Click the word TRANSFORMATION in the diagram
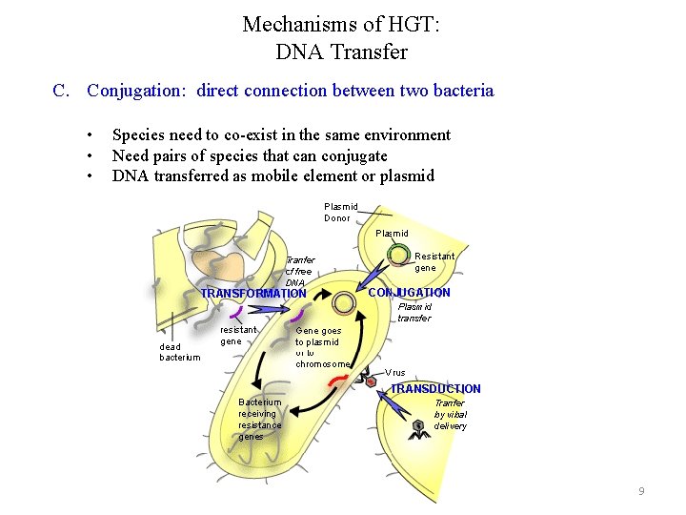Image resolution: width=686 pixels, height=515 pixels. [253, 294]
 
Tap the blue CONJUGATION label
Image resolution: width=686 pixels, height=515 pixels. [409, 293]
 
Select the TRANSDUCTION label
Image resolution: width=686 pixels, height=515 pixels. [435, 389]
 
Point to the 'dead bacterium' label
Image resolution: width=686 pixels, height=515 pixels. [179, 352]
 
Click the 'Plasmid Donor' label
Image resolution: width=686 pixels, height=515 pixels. [340, 212]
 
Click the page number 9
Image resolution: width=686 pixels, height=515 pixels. [641, 491]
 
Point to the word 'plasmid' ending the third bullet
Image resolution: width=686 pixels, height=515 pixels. [407, 175]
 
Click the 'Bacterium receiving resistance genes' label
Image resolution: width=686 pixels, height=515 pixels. [259, 420]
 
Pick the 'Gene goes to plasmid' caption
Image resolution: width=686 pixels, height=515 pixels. [322, 347]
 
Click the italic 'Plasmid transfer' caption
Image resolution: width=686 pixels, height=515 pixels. [414, 313]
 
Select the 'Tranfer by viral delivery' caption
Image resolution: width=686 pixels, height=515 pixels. [451, 415]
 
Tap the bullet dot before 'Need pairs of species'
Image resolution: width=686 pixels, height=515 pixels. [89, 155]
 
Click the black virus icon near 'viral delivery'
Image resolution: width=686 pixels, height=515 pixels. [417, 424]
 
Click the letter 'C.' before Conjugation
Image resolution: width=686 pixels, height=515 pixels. [62, 91]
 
